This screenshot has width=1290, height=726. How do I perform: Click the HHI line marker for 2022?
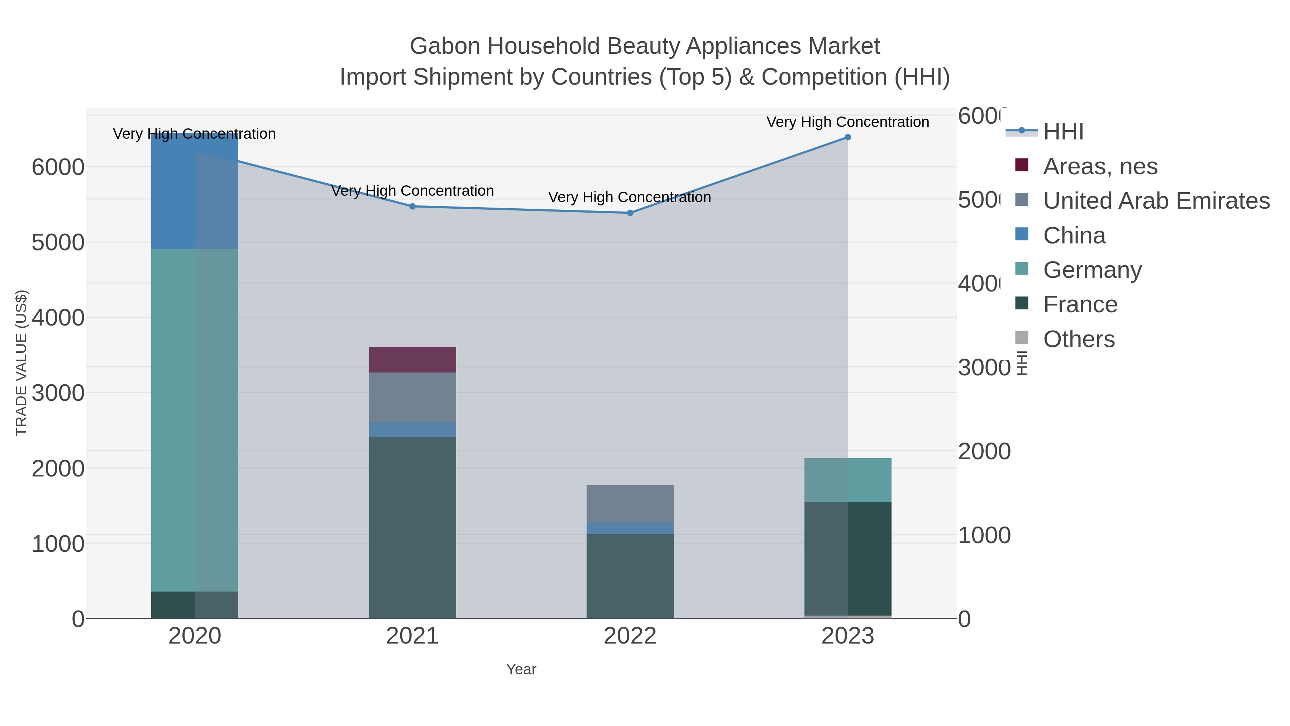630,213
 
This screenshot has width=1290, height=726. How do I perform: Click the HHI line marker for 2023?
847,137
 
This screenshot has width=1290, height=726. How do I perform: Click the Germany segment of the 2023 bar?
847,480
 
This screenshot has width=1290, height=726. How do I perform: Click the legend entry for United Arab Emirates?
1156,201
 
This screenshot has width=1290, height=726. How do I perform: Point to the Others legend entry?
1078,339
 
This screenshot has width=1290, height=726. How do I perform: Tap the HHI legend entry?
1063,132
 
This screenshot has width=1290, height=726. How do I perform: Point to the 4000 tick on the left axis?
58,318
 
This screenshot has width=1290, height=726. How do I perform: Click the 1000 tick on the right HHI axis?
984,535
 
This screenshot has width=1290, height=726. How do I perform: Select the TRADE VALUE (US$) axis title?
21,363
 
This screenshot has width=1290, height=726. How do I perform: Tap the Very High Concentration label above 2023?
847,122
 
